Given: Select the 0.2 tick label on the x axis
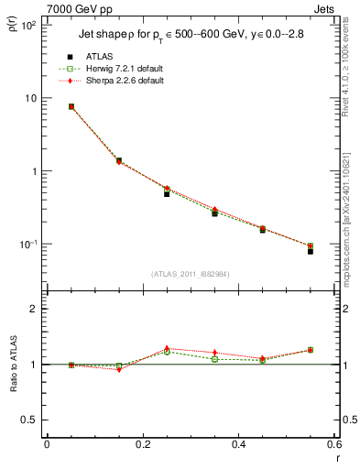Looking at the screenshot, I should click(x=142, y=444).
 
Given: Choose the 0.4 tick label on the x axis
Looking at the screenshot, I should click(x=237, y=444).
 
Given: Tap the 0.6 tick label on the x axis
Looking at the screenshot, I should click(x=333, y=444).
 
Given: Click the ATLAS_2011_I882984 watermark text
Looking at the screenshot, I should click(x=190, y=274).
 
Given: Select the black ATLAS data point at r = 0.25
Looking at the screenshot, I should click(x=167, y=193).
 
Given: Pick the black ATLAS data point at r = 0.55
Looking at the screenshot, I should click(x=311, y=250).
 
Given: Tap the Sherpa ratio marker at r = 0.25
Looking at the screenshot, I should click(x=167, y=348).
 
